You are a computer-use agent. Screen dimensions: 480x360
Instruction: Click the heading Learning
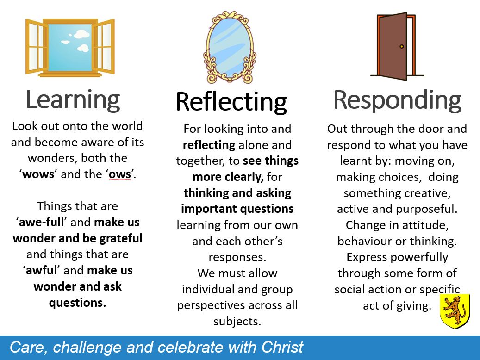(73, 100)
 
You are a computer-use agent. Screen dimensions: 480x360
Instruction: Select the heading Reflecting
(231, 102)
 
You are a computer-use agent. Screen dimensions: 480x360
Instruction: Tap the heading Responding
(397, 100)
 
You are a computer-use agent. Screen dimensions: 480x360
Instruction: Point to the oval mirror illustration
(230, 48)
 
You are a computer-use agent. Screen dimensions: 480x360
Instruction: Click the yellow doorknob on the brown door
(402, 47)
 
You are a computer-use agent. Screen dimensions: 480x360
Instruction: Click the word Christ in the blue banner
(282, 347)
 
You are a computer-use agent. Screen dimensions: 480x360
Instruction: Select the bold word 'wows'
(38, 174)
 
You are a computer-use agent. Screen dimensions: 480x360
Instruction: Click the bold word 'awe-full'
(41, 222)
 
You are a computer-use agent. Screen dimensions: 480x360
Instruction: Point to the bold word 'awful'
(41, 270)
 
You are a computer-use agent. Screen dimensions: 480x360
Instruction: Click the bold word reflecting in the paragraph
(209, 145)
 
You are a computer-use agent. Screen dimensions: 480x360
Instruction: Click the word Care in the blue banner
(29, 348)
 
